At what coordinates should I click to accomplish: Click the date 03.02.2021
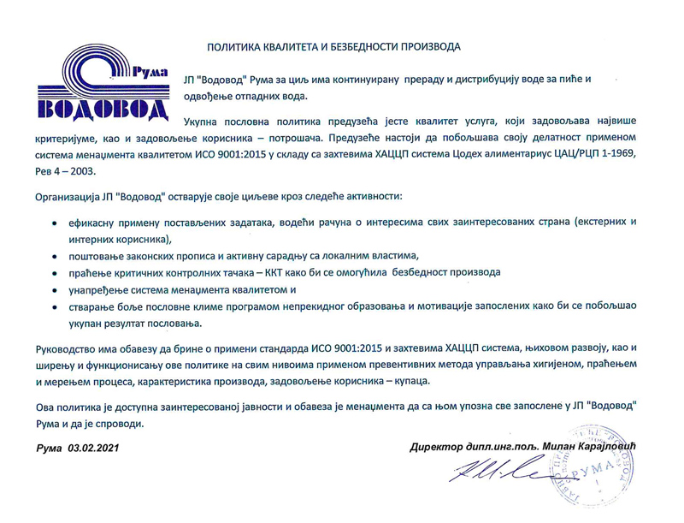tap(92, 449)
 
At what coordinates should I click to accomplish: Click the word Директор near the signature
tap(436, 449)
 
